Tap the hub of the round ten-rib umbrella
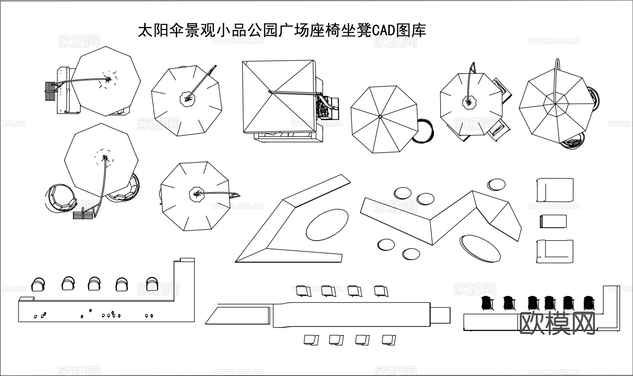pyautogui.click(x=380, y=116)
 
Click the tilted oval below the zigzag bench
pyautogui.click(x=480, y=249)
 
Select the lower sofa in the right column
pyautogui.click(x=555, y=251)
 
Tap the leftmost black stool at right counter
pyautogui.click(x=487, y=303)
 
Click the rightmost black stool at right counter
pyautogui.click(x=588, y=303)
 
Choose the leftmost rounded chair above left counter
pyautogui.click(x=38, y=284)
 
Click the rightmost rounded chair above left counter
pyautogui.click(x=152, y=284)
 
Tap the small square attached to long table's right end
pyautogui.click(x=440, y=315)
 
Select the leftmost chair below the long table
pyautogui.click(x=311, y=340)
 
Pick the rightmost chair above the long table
pyautogui.click(x=381, y=291)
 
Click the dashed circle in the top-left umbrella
pyautogui.click(x=109, y=79)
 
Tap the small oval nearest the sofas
pyautogui.click(x=496, y=184)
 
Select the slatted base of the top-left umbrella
pyautogui.click(x=50, y=92)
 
